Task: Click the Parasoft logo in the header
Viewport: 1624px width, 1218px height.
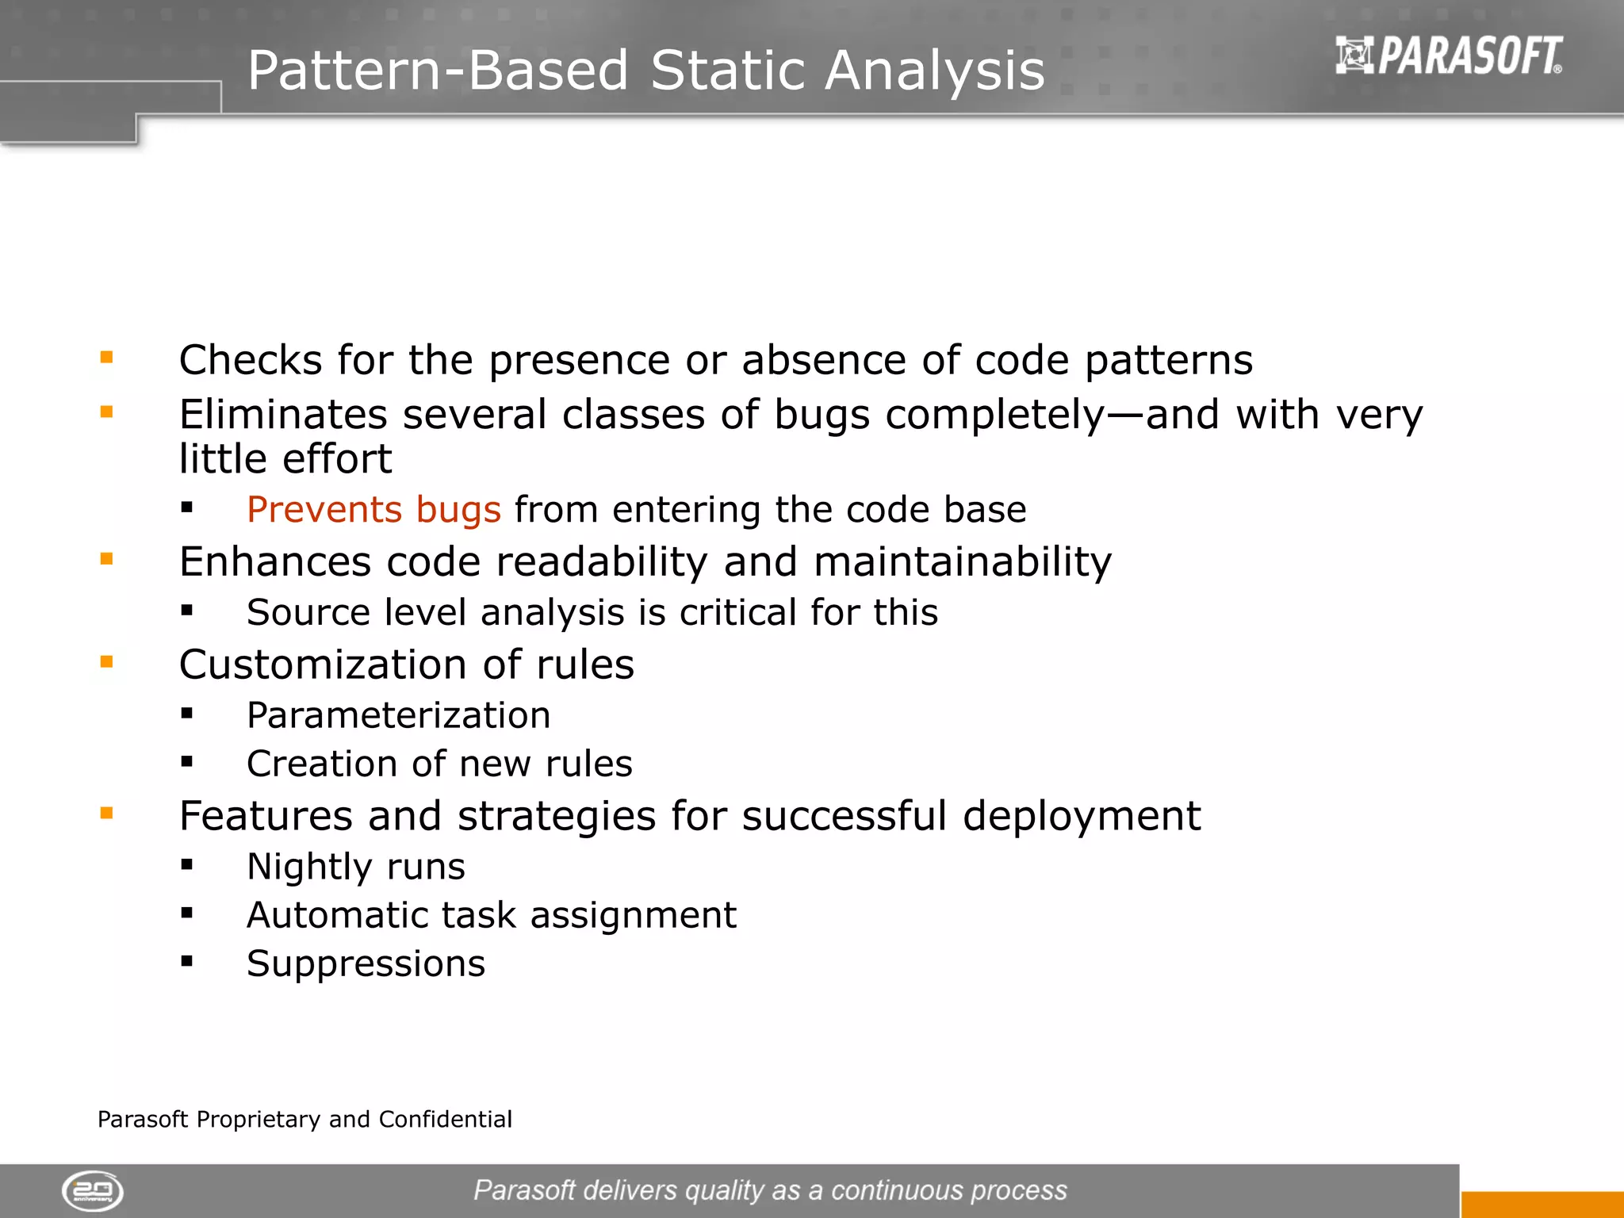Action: click(1448, 56)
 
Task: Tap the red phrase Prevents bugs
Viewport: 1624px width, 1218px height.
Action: click(373, 509)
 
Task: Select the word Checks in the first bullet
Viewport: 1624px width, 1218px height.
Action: click(250, 360)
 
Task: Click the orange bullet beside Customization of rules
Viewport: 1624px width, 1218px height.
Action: click(107, 662)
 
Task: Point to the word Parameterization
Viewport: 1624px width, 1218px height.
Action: click(398, 715)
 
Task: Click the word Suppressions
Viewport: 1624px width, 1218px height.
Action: click(366, 963)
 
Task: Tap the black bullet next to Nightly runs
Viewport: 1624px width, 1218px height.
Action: click(187, 865)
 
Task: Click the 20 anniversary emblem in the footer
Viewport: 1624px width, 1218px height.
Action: click(93, 1190)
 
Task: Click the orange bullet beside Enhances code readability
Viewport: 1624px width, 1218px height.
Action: click(107, 560)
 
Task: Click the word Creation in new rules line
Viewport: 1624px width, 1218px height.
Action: click(321, 764)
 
